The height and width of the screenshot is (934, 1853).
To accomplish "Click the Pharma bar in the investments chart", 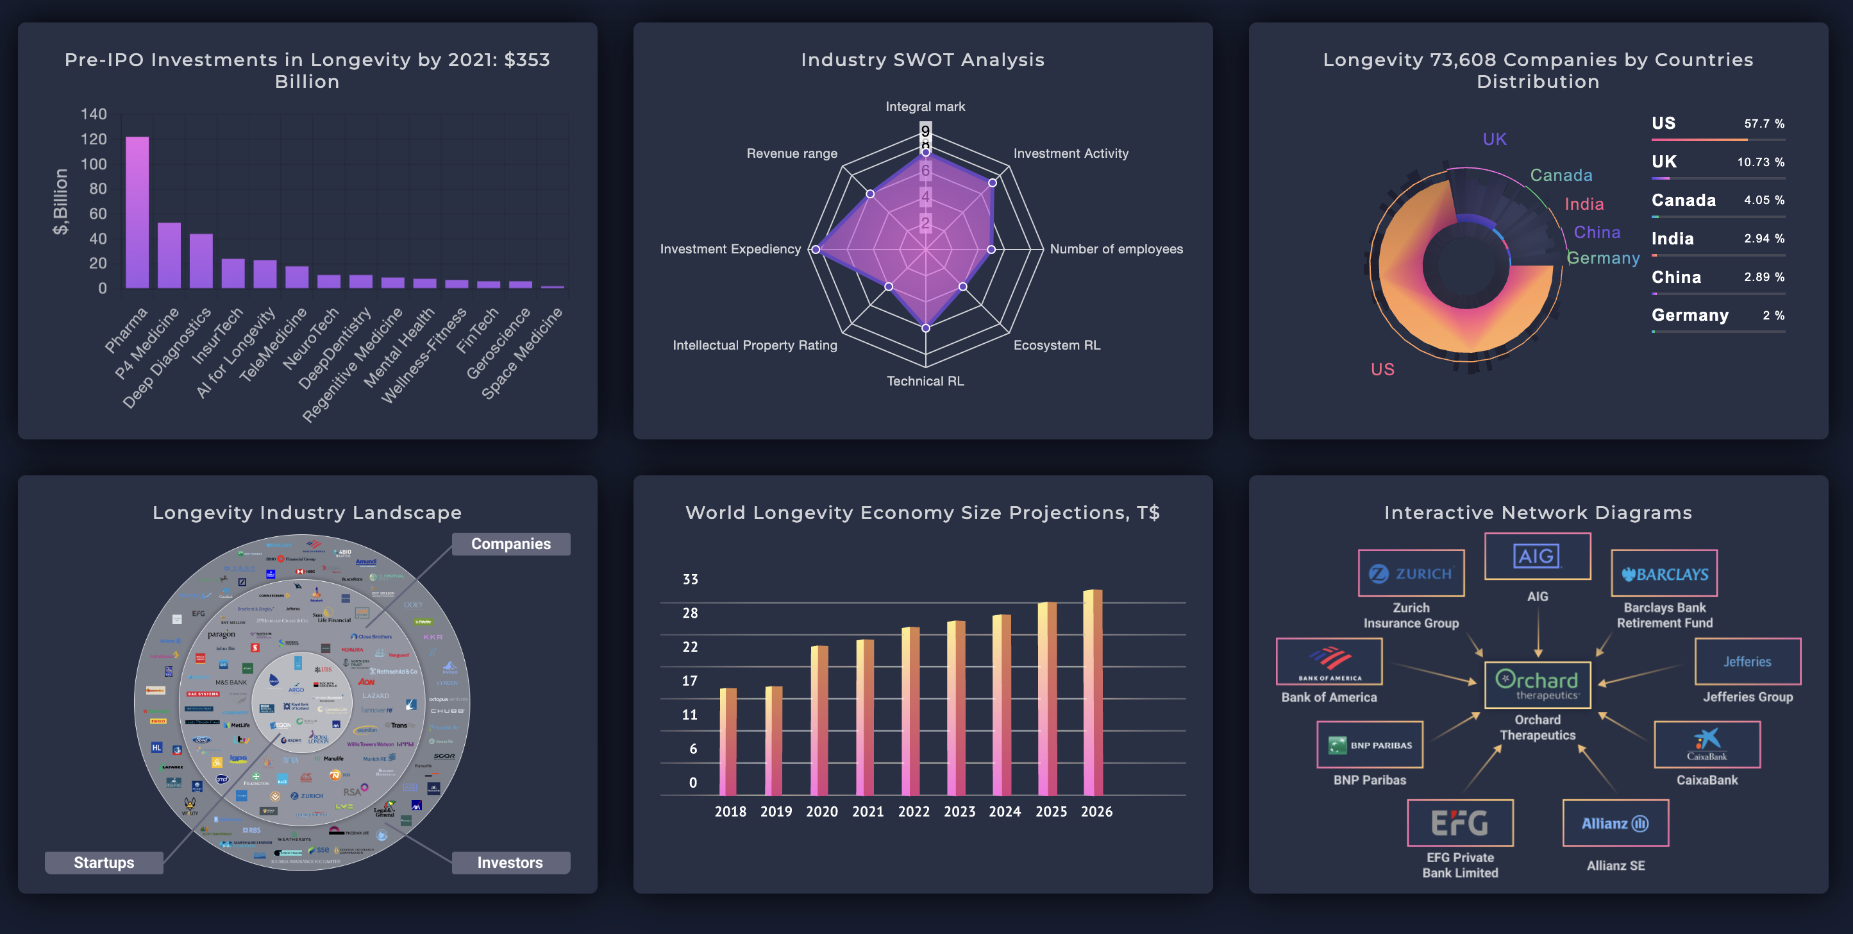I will pyautogui.click(x=137, y=212).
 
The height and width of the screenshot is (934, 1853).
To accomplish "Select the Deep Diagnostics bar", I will pyautogui.click(x=201, y=260).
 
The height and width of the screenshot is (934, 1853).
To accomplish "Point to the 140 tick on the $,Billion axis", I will pyautogui.click(x=94, y=114).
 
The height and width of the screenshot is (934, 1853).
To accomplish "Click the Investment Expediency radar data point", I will pyautogui.click(x=815, y=250).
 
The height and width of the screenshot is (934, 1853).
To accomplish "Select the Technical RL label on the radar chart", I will pyautogui.click(x=925, y=380).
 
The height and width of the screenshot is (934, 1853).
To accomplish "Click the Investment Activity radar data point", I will pyautogui.click(x=992, y=183).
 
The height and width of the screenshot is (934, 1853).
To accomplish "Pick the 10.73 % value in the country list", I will pyautogui.click(x=1760, y=162).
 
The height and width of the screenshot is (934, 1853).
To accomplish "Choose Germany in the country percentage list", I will pyautogui.click(x=1690, y=315).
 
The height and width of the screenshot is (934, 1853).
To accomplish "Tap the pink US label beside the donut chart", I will pyautogui.click(x=1382, y=369).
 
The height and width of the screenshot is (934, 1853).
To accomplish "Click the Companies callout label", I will pyautogui.click(x=511, y=544).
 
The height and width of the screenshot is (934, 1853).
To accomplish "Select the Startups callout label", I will pyautogui.click(x=104, y=862).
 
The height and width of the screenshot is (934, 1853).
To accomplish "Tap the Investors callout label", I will pyautogui.click(x=510, y=862).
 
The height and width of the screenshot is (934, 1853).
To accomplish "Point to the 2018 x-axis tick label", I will pyautogui.click(x=730, y=811).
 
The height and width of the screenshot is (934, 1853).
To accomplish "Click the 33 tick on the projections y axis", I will pyautogui.click(x=690, y=579).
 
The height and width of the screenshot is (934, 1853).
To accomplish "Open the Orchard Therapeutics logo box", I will pyautogui.click(x=1537, y=684).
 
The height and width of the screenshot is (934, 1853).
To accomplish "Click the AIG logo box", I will pyautogui.click(x=1537, y=556).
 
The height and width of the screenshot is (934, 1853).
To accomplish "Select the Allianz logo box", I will pyautogui.click(x=1615, y=823).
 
